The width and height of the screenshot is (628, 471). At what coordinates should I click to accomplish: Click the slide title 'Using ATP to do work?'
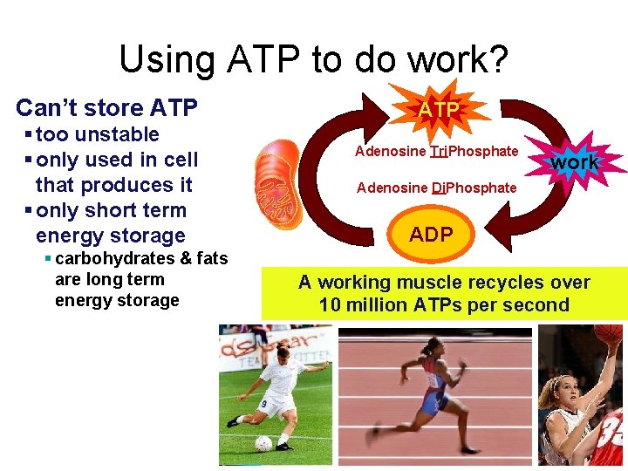[313, 59]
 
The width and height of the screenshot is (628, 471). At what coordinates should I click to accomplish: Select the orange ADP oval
[431, 235]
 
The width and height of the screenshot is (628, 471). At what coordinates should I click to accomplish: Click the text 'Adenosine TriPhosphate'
[436, 152]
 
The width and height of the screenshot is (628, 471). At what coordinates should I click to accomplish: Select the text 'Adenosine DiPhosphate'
[436, 188]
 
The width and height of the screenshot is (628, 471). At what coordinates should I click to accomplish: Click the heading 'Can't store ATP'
[106, 108]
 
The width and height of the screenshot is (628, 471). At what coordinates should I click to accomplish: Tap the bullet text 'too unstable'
[98, 134]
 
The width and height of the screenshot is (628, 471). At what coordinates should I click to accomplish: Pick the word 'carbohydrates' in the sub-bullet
[105, 258]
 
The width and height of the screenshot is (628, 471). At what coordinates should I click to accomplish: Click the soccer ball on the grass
[263, 442]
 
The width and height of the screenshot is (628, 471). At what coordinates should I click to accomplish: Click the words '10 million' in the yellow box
[366, 305]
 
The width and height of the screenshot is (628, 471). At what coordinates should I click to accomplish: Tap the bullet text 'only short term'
[111, 210]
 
